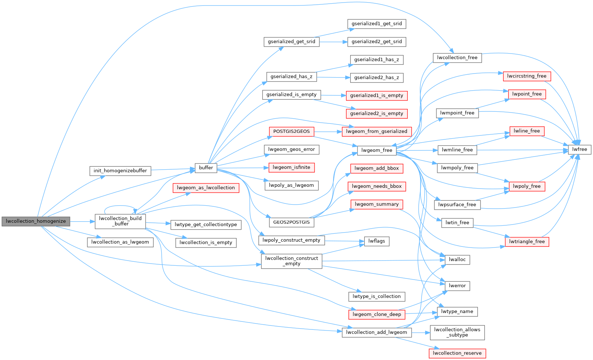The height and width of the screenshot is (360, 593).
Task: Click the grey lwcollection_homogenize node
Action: coord(36,221)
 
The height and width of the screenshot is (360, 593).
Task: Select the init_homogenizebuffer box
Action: coord(120,171)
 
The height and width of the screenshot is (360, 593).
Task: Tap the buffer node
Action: coord(206,167)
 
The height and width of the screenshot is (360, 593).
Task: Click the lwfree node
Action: coord(580,149)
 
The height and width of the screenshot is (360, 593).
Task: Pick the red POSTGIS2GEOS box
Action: coord(291,131)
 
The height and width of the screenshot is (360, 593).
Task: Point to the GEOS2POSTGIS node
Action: coord(291,222)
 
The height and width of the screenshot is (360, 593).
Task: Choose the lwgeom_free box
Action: coord(377,150)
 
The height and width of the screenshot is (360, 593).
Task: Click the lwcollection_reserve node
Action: coord(457,353)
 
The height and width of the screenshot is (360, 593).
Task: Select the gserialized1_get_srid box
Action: coord(376,24)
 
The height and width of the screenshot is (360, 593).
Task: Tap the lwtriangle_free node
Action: coord(527,241)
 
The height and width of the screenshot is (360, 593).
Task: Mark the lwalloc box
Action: coord(457,260)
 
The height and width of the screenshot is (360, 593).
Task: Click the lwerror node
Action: coord(457,286)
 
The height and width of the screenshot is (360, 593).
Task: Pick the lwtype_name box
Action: coord(457,312)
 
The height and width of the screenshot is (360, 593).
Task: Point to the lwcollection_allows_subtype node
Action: coord(457,332)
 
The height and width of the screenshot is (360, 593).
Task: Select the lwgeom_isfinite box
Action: coord(291,167)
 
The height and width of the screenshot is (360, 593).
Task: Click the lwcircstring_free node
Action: coord(527,76)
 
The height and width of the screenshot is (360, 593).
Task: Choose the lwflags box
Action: coord(376,241)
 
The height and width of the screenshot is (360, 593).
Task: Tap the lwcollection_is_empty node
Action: coord(206,242)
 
